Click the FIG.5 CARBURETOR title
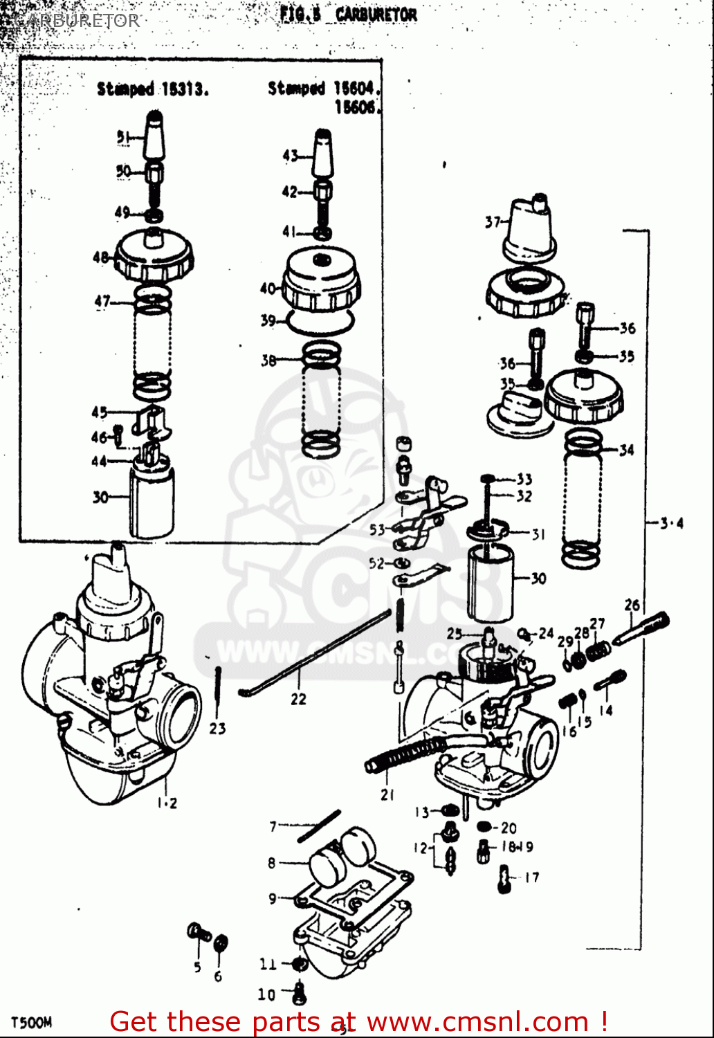pyautogui.click(x=348, y=15)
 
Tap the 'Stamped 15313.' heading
pyautogui.click(x=152, y=89)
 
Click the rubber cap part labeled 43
pyautogui.click(x=323, y=154)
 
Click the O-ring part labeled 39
pyautogui.click(x=320, y=322)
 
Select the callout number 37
pyautogui.click(x=493, y=222)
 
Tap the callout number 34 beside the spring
pyautogui.click(x=626, y=450)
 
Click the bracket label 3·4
pyautogui.click(x=670, y=523)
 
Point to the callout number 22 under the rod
pyautogui.click(x=298, y=699)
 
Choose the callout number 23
pyautogui.click(x=217, y=728)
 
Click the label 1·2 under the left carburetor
pyautogui.click(x=167, y=803)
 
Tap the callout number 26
pyautogui.click(x=632, y=605)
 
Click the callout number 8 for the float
pyautogui.click(x=272, y=863)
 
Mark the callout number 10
pyautogui.click(x=266, y=994)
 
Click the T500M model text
pyautogui.click(x=31, y=1022)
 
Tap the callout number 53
pyautogui.click(x=377, y=529)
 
